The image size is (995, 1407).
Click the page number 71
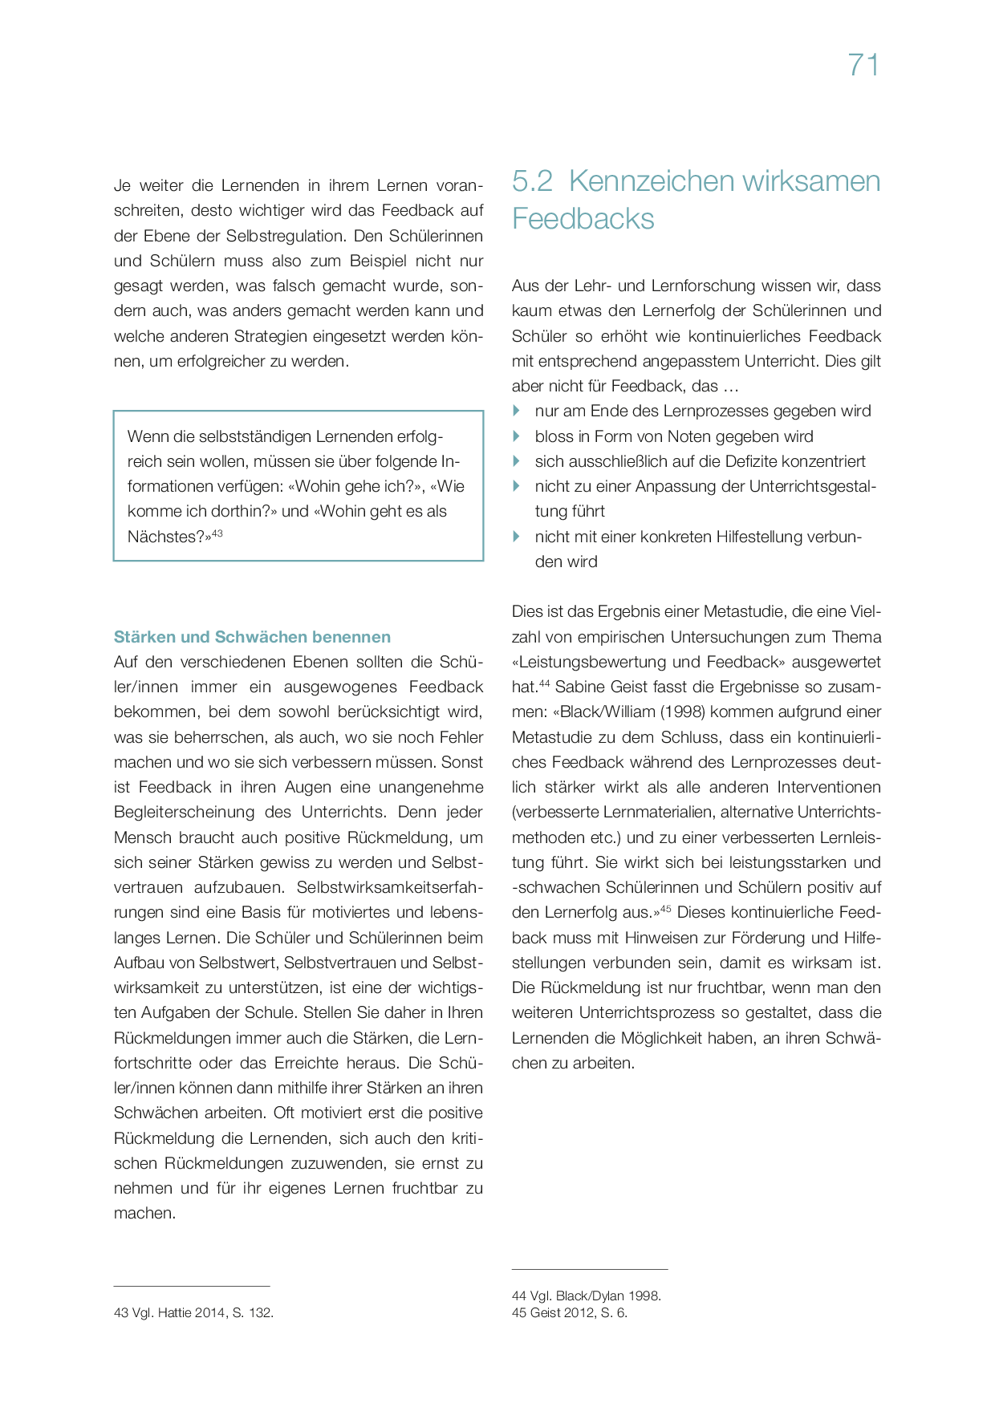[x=863, y=65]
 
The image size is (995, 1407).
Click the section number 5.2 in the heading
[x=533, y=181]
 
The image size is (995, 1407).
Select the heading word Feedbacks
[x=583, y=219]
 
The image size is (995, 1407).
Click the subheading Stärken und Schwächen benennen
[x=252, y=637]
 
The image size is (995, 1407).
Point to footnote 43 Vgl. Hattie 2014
[x=193, y=1313]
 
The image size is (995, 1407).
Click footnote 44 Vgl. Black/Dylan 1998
[x=586, y=1295]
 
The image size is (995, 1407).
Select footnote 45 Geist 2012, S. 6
[x=569, y=1313]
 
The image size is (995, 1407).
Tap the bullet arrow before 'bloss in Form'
[x=517, y=436]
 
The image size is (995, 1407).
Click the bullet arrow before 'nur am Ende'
[x=517, y=411]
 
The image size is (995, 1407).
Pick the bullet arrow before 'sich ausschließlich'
[x=517, y=461]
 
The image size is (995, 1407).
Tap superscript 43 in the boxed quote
[x=217, y=533]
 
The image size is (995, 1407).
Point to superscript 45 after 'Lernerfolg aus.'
[x=665, y=909]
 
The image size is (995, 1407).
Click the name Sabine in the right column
[x=579, y=687]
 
